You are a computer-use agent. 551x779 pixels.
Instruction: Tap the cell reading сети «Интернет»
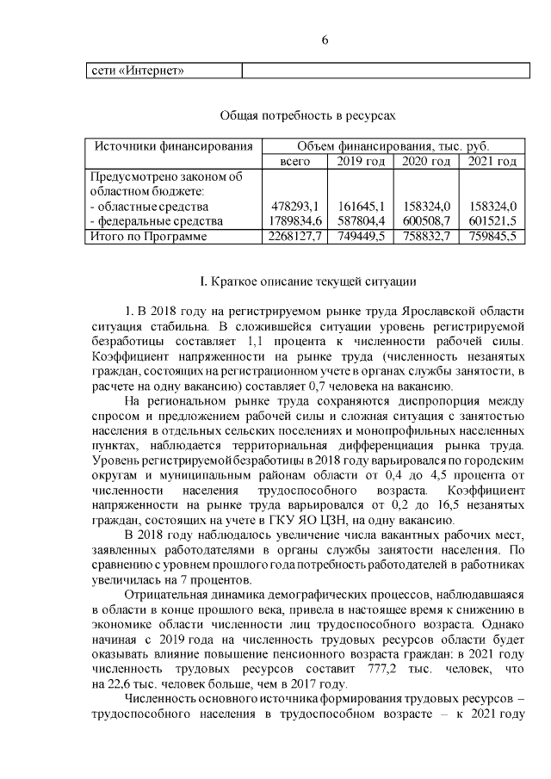point(138,70)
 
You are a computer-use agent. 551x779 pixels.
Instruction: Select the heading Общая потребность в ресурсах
point(307,114)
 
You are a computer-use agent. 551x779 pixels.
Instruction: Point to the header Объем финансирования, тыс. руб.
point(393,146)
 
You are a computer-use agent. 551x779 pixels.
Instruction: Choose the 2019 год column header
point(360,162)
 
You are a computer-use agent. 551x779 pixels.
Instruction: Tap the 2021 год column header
point(492,162)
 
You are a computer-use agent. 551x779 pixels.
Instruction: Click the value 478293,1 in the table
point(295,207)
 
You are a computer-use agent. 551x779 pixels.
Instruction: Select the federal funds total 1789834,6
point(292,221)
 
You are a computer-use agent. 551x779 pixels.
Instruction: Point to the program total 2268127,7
point(292,237)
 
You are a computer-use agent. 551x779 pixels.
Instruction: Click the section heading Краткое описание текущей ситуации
point(307,281)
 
